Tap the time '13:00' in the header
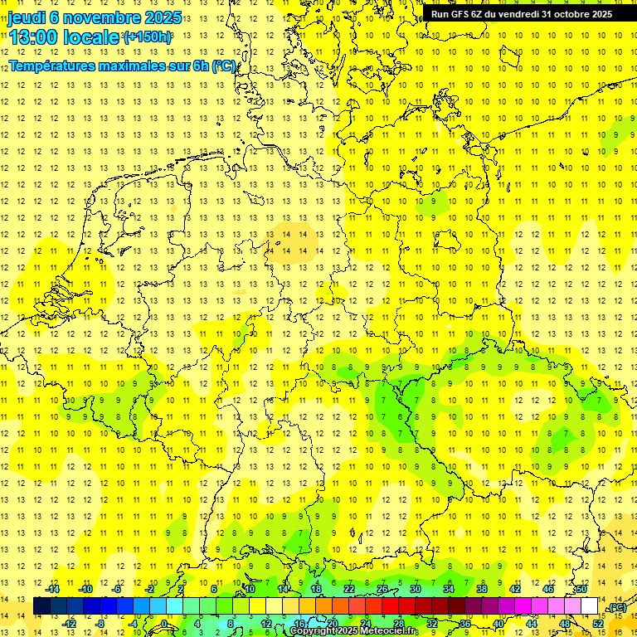click(x=34, y=36)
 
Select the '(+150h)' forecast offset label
click(x=147, y=36)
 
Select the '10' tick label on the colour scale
click(x=249, y=589)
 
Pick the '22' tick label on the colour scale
click(x=348, y=589)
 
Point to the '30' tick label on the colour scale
click(x=415, y=589)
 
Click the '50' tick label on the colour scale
click(x=581, y=589)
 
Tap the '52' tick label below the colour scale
click(x=597, y=623)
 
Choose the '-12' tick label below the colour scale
click(x=70, y=623)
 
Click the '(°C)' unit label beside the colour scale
click(x=617, y=607)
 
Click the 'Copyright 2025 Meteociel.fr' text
click(x=354, y=631)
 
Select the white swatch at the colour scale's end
click(x=589, y=606)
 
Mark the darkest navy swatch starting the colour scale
click(x=41, y=606)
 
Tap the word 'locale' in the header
click(x=92, y=36)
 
